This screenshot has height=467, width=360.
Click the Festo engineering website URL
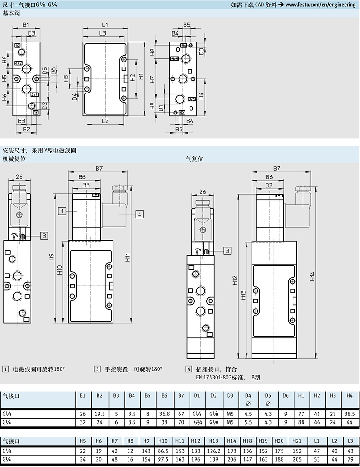320,5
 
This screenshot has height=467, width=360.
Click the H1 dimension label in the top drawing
141,76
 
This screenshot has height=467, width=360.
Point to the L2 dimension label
105,121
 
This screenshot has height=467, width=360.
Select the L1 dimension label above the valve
105,25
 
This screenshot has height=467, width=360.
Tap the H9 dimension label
51,257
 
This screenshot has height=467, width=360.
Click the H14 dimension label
312,276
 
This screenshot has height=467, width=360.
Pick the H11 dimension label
128,257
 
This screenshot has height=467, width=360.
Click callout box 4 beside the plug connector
139,214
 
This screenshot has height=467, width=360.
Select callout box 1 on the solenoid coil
62,211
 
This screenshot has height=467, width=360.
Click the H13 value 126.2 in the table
213,451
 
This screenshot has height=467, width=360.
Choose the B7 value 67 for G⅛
181,414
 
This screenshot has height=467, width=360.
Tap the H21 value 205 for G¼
297,459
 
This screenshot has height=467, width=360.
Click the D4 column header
248,395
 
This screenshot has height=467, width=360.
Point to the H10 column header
163,441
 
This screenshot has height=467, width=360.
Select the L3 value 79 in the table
350,459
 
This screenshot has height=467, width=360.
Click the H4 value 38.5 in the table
349,414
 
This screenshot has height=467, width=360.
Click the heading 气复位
194,159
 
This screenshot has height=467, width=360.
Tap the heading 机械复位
14,159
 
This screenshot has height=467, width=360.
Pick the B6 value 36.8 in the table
164,414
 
